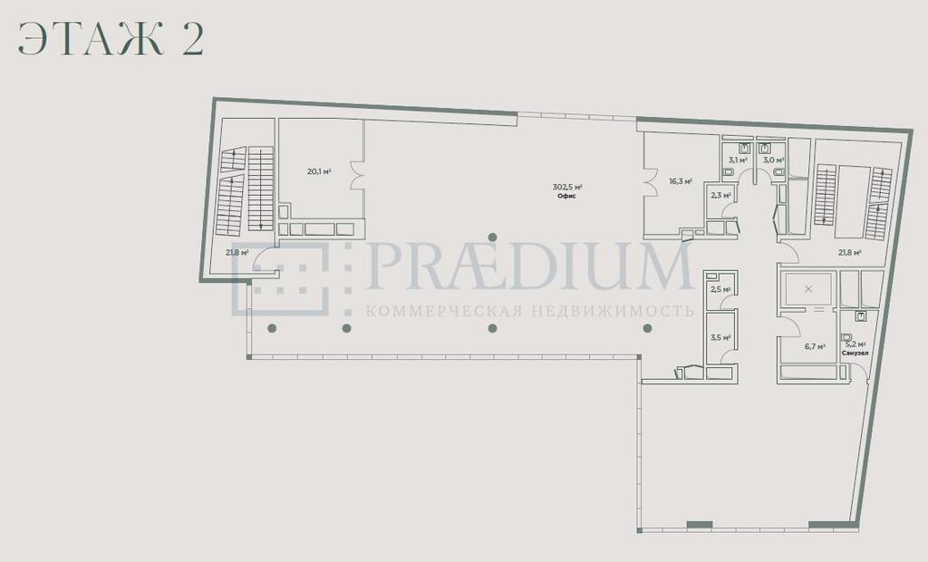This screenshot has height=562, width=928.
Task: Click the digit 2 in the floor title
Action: point(193,40)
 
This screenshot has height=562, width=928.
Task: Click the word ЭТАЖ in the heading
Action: point(91,40)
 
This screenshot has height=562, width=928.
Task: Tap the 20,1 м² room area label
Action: point(318,171)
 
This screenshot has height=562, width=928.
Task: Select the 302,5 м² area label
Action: point(567,187)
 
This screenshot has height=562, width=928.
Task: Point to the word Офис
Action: point(567,196)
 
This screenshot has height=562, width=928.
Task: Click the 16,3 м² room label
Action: point(681,182)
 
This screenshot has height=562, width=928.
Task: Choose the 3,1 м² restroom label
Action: point(738,160)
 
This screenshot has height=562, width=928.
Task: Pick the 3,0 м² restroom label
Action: point(774,160)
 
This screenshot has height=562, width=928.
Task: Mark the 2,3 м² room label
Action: point(720,195)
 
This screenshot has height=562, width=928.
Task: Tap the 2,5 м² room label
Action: point(720,289)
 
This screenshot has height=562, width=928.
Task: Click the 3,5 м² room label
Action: point(720,338)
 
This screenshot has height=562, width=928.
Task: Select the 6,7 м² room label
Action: point(815,347)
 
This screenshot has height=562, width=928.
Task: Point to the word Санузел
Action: point(855,353)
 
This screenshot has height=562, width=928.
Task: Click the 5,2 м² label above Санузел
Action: point(855,344)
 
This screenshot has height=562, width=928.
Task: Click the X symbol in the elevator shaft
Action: point(808,289)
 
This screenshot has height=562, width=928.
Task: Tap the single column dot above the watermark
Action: point(492,237)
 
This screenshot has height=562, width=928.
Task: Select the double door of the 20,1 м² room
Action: point(356,175)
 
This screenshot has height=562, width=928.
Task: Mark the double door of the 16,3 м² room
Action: point(651,182)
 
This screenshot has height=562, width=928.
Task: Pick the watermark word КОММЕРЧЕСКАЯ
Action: point(443,311)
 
